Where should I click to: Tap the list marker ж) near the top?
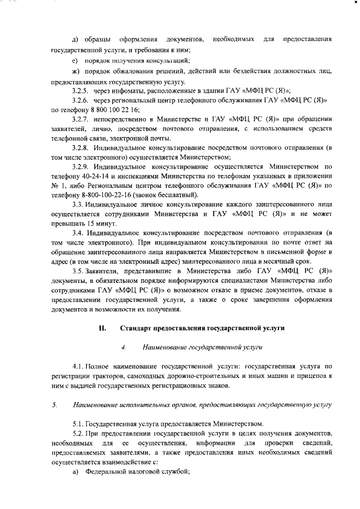[x=75, y=71]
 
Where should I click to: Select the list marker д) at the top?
[x=75, y=39]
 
